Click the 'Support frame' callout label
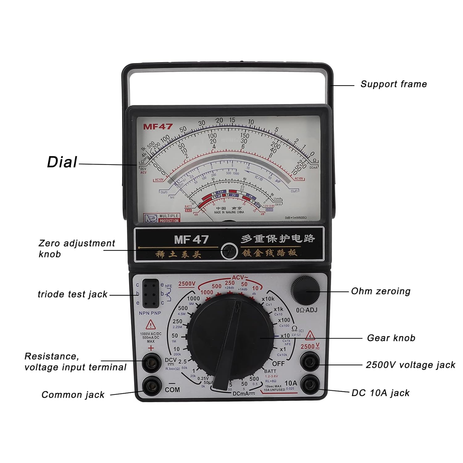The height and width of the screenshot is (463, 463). (x=394, y=84)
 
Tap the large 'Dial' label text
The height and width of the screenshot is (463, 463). (x=62, y=162)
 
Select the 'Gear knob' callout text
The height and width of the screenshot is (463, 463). (x=391, y=338)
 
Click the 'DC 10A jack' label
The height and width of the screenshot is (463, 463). (x=380, y=393)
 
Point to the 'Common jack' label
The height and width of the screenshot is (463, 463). (x=73, y=395)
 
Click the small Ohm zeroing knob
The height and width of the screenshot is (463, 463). (x=305, y=290)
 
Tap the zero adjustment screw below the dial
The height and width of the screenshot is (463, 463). (x=229, y=251)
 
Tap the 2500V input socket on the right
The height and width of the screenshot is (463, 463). (x=310, y=362)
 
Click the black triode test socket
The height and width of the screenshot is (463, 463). (x=151, y=294)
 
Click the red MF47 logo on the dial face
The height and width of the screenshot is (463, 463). (x=158, y=127)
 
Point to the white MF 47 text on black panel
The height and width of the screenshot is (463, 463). (x=191, y=240)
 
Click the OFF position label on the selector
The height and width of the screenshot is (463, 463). (x=278, y=364)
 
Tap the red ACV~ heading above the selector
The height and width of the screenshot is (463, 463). (x=240, y=277)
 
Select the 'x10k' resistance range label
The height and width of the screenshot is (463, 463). (x=268, y=299)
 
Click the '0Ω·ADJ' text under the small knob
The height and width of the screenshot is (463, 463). (x=307, y=310)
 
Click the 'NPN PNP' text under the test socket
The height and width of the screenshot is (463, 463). (x=150, y=313)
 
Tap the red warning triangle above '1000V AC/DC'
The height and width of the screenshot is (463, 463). (x=151, y=325)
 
